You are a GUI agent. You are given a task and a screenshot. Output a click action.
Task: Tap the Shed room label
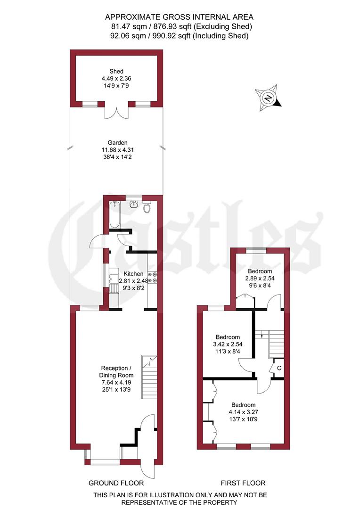[x=116, y=72]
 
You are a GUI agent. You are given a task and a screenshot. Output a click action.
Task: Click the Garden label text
[x=117, y=142]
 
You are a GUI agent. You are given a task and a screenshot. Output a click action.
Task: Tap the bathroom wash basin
[x=134, y=204]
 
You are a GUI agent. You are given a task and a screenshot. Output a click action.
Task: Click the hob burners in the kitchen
[x=152, y=278]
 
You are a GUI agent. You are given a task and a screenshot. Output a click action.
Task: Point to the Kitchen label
[x=133, y=273]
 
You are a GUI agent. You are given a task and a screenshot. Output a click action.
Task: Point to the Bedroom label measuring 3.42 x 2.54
[x=228, y=337]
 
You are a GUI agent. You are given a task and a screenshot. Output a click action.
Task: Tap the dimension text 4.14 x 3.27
[x=243, y=411]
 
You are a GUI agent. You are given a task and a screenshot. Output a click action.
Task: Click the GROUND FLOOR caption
[x=116, y=483]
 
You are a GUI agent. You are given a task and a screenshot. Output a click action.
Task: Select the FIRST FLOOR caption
[x=243, y=483]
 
